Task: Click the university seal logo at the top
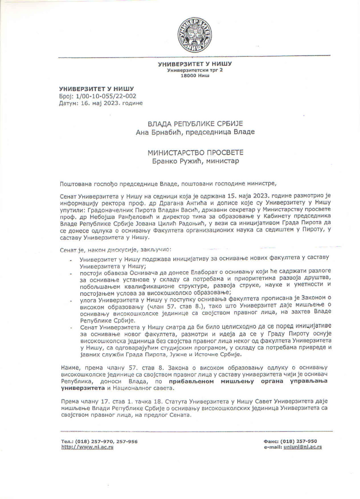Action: point(195,35)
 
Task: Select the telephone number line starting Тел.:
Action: point(99,441)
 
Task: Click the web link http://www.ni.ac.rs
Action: point(87,447)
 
